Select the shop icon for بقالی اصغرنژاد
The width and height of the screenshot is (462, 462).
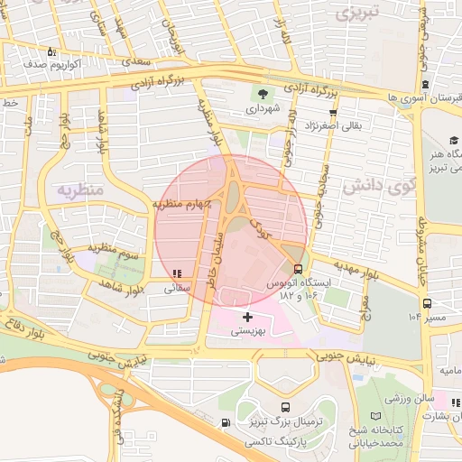334,113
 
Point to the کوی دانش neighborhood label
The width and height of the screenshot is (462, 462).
380,186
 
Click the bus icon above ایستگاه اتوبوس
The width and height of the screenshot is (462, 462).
299,269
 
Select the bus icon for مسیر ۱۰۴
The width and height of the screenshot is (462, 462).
427,304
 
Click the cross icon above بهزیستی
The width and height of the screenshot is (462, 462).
247,317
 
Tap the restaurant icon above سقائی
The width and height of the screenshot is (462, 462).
177,273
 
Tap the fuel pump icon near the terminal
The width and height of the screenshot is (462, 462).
225,422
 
